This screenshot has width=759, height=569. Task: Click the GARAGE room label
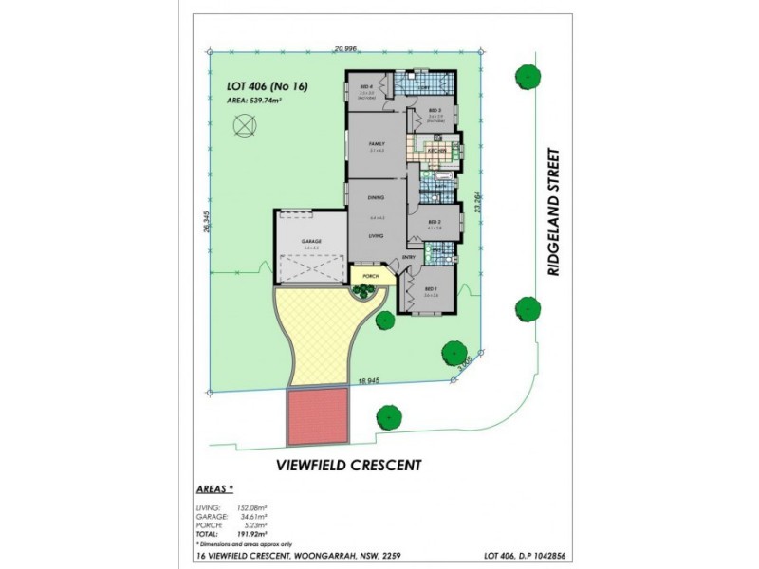pyautogui.click(x=311, y=242)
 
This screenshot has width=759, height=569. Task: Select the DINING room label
pyautogui.click(x=376, y=197)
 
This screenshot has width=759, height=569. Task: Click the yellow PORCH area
pyautogui.click(x=366, y=277)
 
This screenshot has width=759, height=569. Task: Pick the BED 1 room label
pyautogui.click(x=431, y=288)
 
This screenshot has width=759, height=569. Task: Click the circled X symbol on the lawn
pyautogui.click(x=245, y=122)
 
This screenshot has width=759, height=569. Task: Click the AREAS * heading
pyautogui.click(x=214, y=490)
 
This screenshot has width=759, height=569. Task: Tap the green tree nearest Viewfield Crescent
pyautogui.click(x=388, y=415)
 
